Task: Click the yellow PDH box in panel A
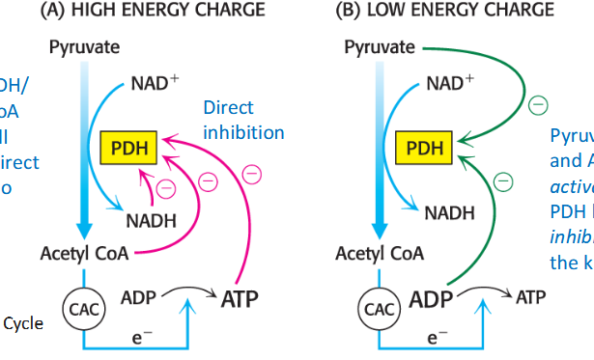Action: (127, 149)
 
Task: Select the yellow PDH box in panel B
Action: (421, 149)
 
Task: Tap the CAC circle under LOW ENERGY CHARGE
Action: (376, 309)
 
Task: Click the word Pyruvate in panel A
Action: (84, 46)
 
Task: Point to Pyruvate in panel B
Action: (380, 46)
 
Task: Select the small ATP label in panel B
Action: (530, 297)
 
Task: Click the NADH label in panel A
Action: (150, 220)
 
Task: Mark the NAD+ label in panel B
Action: (450, 83)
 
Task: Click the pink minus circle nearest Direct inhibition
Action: (252, 174)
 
